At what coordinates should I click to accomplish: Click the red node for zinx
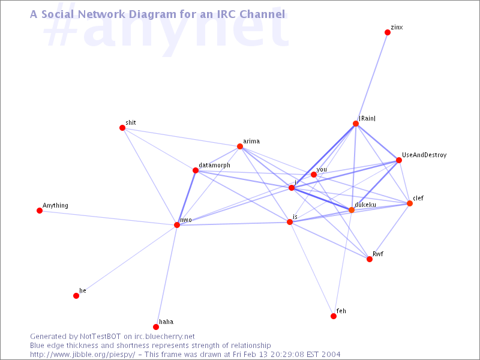click(388, 32)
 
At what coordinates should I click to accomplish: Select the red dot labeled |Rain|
click(356, 124)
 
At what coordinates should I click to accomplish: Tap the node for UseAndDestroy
click(399, 160)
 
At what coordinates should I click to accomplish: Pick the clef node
click(410, 203)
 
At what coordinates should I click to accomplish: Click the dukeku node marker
click(352, 210)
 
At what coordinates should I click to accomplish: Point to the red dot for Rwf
click(370, 259)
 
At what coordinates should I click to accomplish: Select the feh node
click(334, 316)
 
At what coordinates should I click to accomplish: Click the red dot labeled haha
click(156, 327)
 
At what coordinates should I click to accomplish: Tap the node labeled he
click(76, 296)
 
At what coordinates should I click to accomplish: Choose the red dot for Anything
click(40, 211)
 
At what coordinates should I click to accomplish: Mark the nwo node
click(177, 225)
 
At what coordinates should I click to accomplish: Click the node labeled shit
click(122, 128)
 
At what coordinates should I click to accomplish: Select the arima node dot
click(240, 146)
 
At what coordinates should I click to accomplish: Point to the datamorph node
click(196, 170)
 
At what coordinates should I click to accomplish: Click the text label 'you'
click(322, 170)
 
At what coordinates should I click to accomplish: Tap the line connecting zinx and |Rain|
click(371, 78)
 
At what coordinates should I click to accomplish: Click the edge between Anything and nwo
click(108, 218)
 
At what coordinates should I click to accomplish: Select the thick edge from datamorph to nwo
click(186, 198)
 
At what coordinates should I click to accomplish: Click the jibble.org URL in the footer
click(83, 355)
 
